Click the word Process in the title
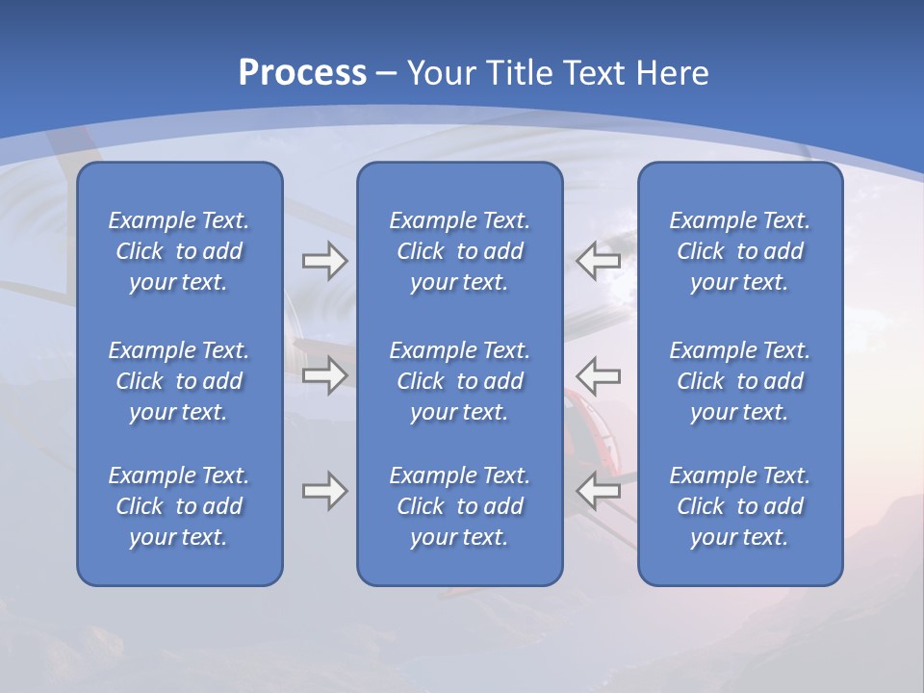click(x=302, y=73)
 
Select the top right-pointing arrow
click(x=324, y=261)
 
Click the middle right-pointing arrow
click(x=324, y=375)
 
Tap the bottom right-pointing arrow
click(x=324, y=491)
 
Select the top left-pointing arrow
click(x=598, y=261)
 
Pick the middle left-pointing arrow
click(x=598, y=375)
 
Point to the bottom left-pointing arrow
click(x=598, y=491)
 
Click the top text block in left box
click(x=179, y=251)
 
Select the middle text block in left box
click(x=179, y=381)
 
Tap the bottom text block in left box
click(x=179, y=506)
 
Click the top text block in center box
click(x=459, y=251)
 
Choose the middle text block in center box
click(x=459, y=381)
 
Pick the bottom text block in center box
click(x=459, y=506)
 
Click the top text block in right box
click(x=739, y=251)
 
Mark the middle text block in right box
click(x=739, y=381)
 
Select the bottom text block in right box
click(x=739, y=506)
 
